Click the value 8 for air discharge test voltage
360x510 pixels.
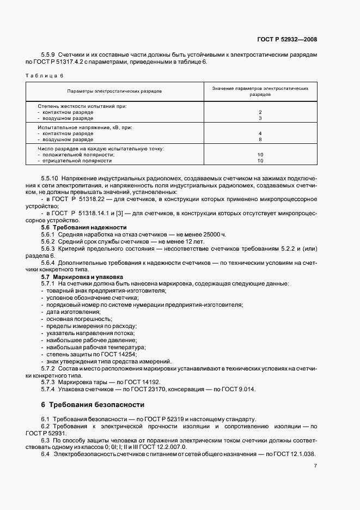[x=260, y=139]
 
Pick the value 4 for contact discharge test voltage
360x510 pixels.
[x=260, y=133]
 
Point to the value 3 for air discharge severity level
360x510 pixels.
[x=260, y=118]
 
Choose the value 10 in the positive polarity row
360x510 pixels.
[x=260, y=155]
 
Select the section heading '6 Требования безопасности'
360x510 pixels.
[x=93, y=405]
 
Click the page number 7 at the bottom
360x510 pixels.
[x=315, y=466]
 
